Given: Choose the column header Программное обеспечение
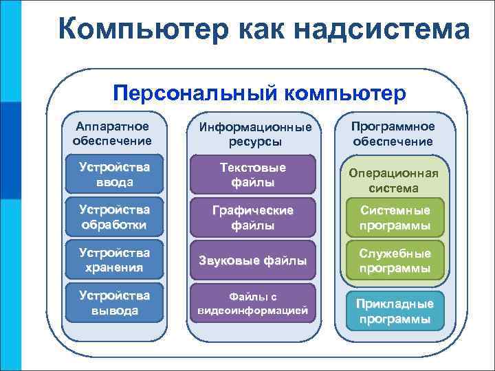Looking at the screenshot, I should click(393, 134).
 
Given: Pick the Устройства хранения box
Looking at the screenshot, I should click(114, 258).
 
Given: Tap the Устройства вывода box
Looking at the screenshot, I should click(114, 303).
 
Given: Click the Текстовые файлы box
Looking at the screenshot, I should click(252, 175).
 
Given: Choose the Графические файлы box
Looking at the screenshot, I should click(252, 217).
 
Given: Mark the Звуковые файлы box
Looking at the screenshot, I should click(252, 260).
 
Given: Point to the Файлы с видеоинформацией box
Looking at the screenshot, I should click(252, 303).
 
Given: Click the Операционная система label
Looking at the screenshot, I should click(393, 180).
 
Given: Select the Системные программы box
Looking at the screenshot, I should click(393, 218).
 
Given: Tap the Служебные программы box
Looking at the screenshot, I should click(393, 260).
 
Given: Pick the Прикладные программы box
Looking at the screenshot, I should click(393, 311).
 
